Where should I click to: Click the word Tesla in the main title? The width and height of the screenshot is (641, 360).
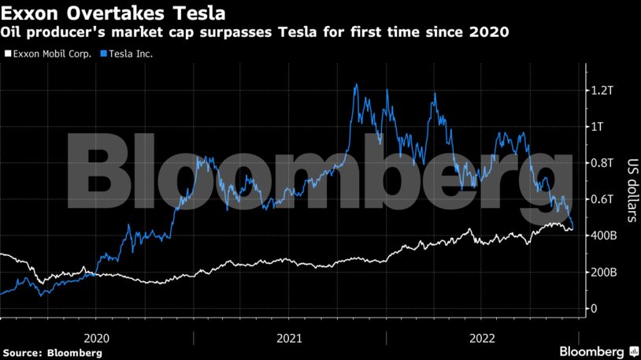[x=195, y=13]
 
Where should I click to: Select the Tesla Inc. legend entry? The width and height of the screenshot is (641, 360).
[x=128, y=54]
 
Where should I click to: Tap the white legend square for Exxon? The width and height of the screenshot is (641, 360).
[x=7, y=54]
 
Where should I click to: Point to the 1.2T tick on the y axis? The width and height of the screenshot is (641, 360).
[x=603, y=91]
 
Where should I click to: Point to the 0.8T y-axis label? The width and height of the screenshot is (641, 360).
[x=603, y=163]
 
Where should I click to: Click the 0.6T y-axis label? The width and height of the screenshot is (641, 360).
[x=603, y=199]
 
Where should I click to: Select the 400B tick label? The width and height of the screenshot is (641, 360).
[x=604, y=236]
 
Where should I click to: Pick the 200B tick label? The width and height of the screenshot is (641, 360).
[x=604, y=272]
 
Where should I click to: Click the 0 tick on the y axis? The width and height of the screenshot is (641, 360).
[x=595, y=309]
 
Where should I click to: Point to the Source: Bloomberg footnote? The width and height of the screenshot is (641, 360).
[x=52, y=353]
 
